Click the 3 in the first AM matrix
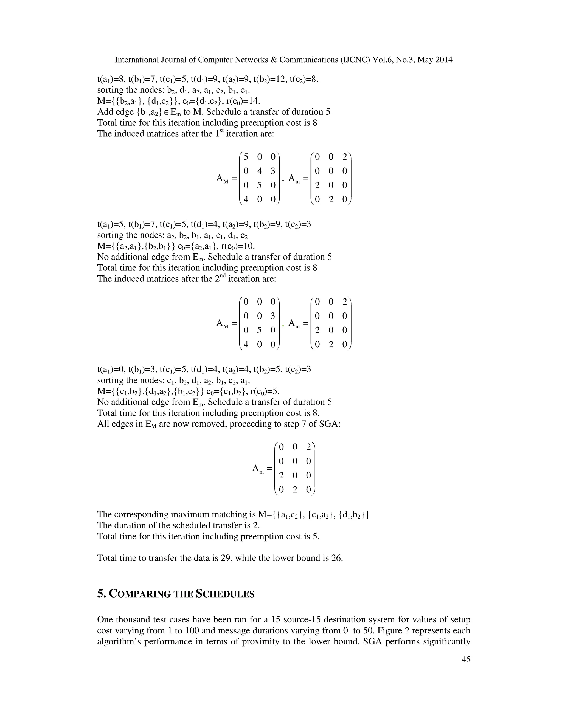273,171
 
